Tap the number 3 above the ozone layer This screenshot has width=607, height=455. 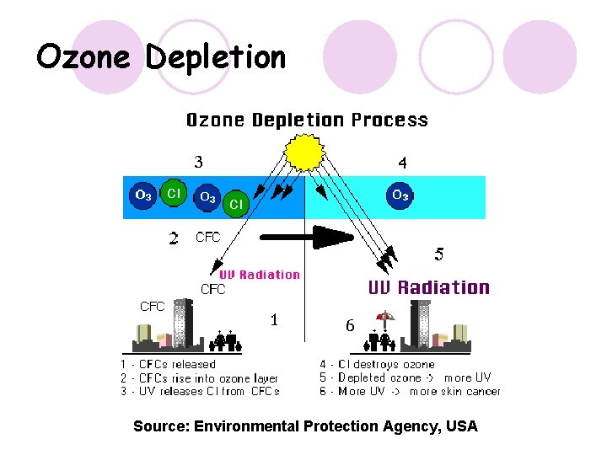pos(198,163)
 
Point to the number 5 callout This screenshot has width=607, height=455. pos(438,254)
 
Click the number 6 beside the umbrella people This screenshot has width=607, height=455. pos(350,326)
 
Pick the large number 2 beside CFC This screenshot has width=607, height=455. pos(174,239)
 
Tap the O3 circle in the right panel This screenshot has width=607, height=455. pos(400,195)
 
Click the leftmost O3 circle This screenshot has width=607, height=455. pos(143,195)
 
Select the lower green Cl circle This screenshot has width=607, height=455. pos(236,204)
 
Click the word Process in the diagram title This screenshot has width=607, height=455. pos(389,120)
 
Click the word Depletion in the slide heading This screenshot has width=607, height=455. pos(216,57)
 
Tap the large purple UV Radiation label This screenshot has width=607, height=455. pos(428,287)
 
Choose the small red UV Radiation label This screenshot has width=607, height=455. pos(259,275)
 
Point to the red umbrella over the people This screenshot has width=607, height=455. pos(384,318)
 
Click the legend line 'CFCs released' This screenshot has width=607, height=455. pos(168,365)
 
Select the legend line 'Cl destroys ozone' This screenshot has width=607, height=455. pos(377,365)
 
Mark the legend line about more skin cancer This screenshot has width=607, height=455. pos(410,391)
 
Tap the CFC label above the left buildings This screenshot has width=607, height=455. pos(152,307)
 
